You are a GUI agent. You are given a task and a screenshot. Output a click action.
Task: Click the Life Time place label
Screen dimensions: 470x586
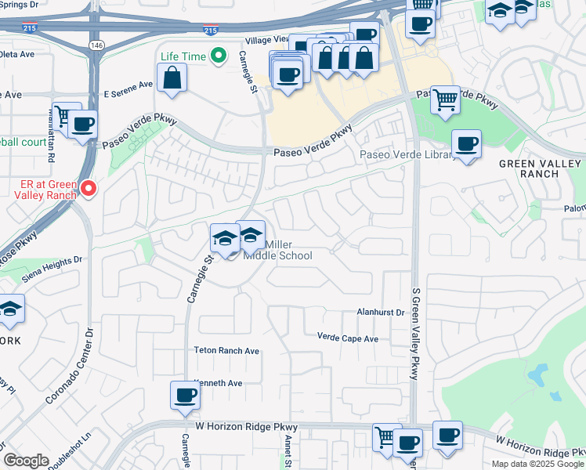click(x=183, y=56)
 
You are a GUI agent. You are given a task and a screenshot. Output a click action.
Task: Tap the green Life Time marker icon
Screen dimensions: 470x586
click(x=220, y=56)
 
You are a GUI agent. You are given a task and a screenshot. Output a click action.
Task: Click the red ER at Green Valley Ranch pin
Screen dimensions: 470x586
click(x=89, y=188)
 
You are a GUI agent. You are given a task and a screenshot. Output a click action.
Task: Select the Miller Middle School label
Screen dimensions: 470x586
click(x=277, y=250)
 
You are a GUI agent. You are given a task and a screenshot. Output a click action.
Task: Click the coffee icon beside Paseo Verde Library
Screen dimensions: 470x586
click(x=467, y=143)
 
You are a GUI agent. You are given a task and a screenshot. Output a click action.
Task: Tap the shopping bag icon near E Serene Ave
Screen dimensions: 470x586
click(x=172, y=78)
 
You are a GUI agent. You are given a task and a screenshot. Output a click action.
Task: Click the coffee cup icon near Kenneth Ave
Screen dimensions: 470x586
click(x=186, y=395)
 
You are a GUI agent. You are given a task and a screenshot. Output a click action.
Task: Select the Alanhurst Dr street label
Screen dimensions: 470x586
click(x=380, y=313)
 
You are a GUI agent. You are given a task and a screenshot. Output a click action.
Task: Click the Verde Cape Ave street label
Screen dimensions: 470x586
click(x=348, y=338)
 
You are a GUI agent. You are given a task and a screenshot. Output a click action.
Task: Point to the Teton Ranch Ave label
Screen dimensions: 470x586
click(x=227, y=351)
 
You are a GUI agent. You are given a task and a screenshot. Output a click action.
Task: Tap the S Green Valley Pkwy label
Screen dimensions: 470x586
click(x=416, y=334)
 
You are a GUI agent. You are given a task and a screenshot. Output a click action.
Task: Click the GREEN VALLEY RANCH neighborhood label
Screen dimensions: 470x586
click(x=540, y=168)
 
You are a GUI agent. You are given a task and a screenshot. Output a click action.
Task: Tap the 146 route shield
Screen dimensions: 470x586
click(x=96, y=45)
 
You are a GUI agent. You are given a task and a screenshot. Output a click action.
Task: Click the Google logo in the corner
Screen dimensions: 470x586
click(x=26, y=461)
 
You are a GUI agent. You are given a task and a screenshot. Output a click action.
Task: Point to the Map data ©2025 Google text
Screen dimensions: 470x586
click(x=537, y=464)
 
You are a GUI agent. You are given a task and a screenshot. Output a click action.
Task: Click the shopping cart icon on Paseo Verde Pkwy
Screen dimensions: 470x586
click(x=445, y=99)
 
